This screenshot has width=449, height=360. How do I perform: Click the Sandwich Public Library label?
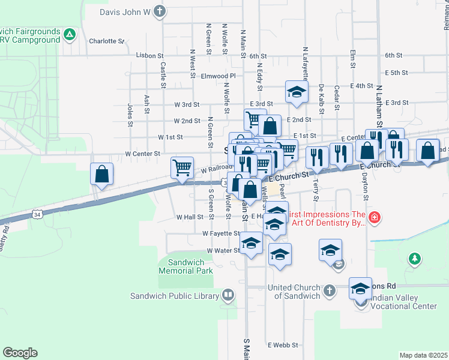[x=175, y=295]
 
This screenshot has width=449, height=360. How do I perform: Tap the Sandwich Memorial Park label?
[x=185, y=266]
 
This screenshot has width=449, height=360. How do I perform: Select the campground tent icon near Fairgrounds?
[x=70, y=35]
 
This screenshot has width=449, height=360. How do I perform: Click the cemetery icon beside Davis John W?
[x=159, y=11]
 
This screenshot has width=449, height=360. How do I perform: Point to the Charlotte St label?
[x=106, y=41]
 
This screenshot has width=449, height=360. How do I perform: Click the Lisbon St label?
[x=149, y=55]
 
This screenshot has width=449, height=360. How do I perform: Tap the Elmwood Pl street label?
[x=218, y=76]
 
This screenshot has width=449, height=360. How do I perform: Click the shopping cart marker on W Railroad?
[x=182, y=167]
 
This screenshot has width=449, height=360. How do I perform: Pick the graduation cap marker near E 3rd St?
[x=296, y=92]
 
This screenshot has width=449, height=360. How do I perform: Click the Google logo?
[x=20, y=353]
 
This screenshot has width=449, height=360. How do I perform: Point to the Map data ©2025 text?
[x=423, y=355]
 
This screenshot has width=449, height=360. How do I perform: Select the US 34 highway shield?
[x=38, y=214]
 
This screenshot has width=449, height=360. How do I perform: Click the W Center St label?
[x=142, y=154]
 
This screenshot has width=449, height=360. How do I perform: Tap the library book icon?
[x=228, y=295]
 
